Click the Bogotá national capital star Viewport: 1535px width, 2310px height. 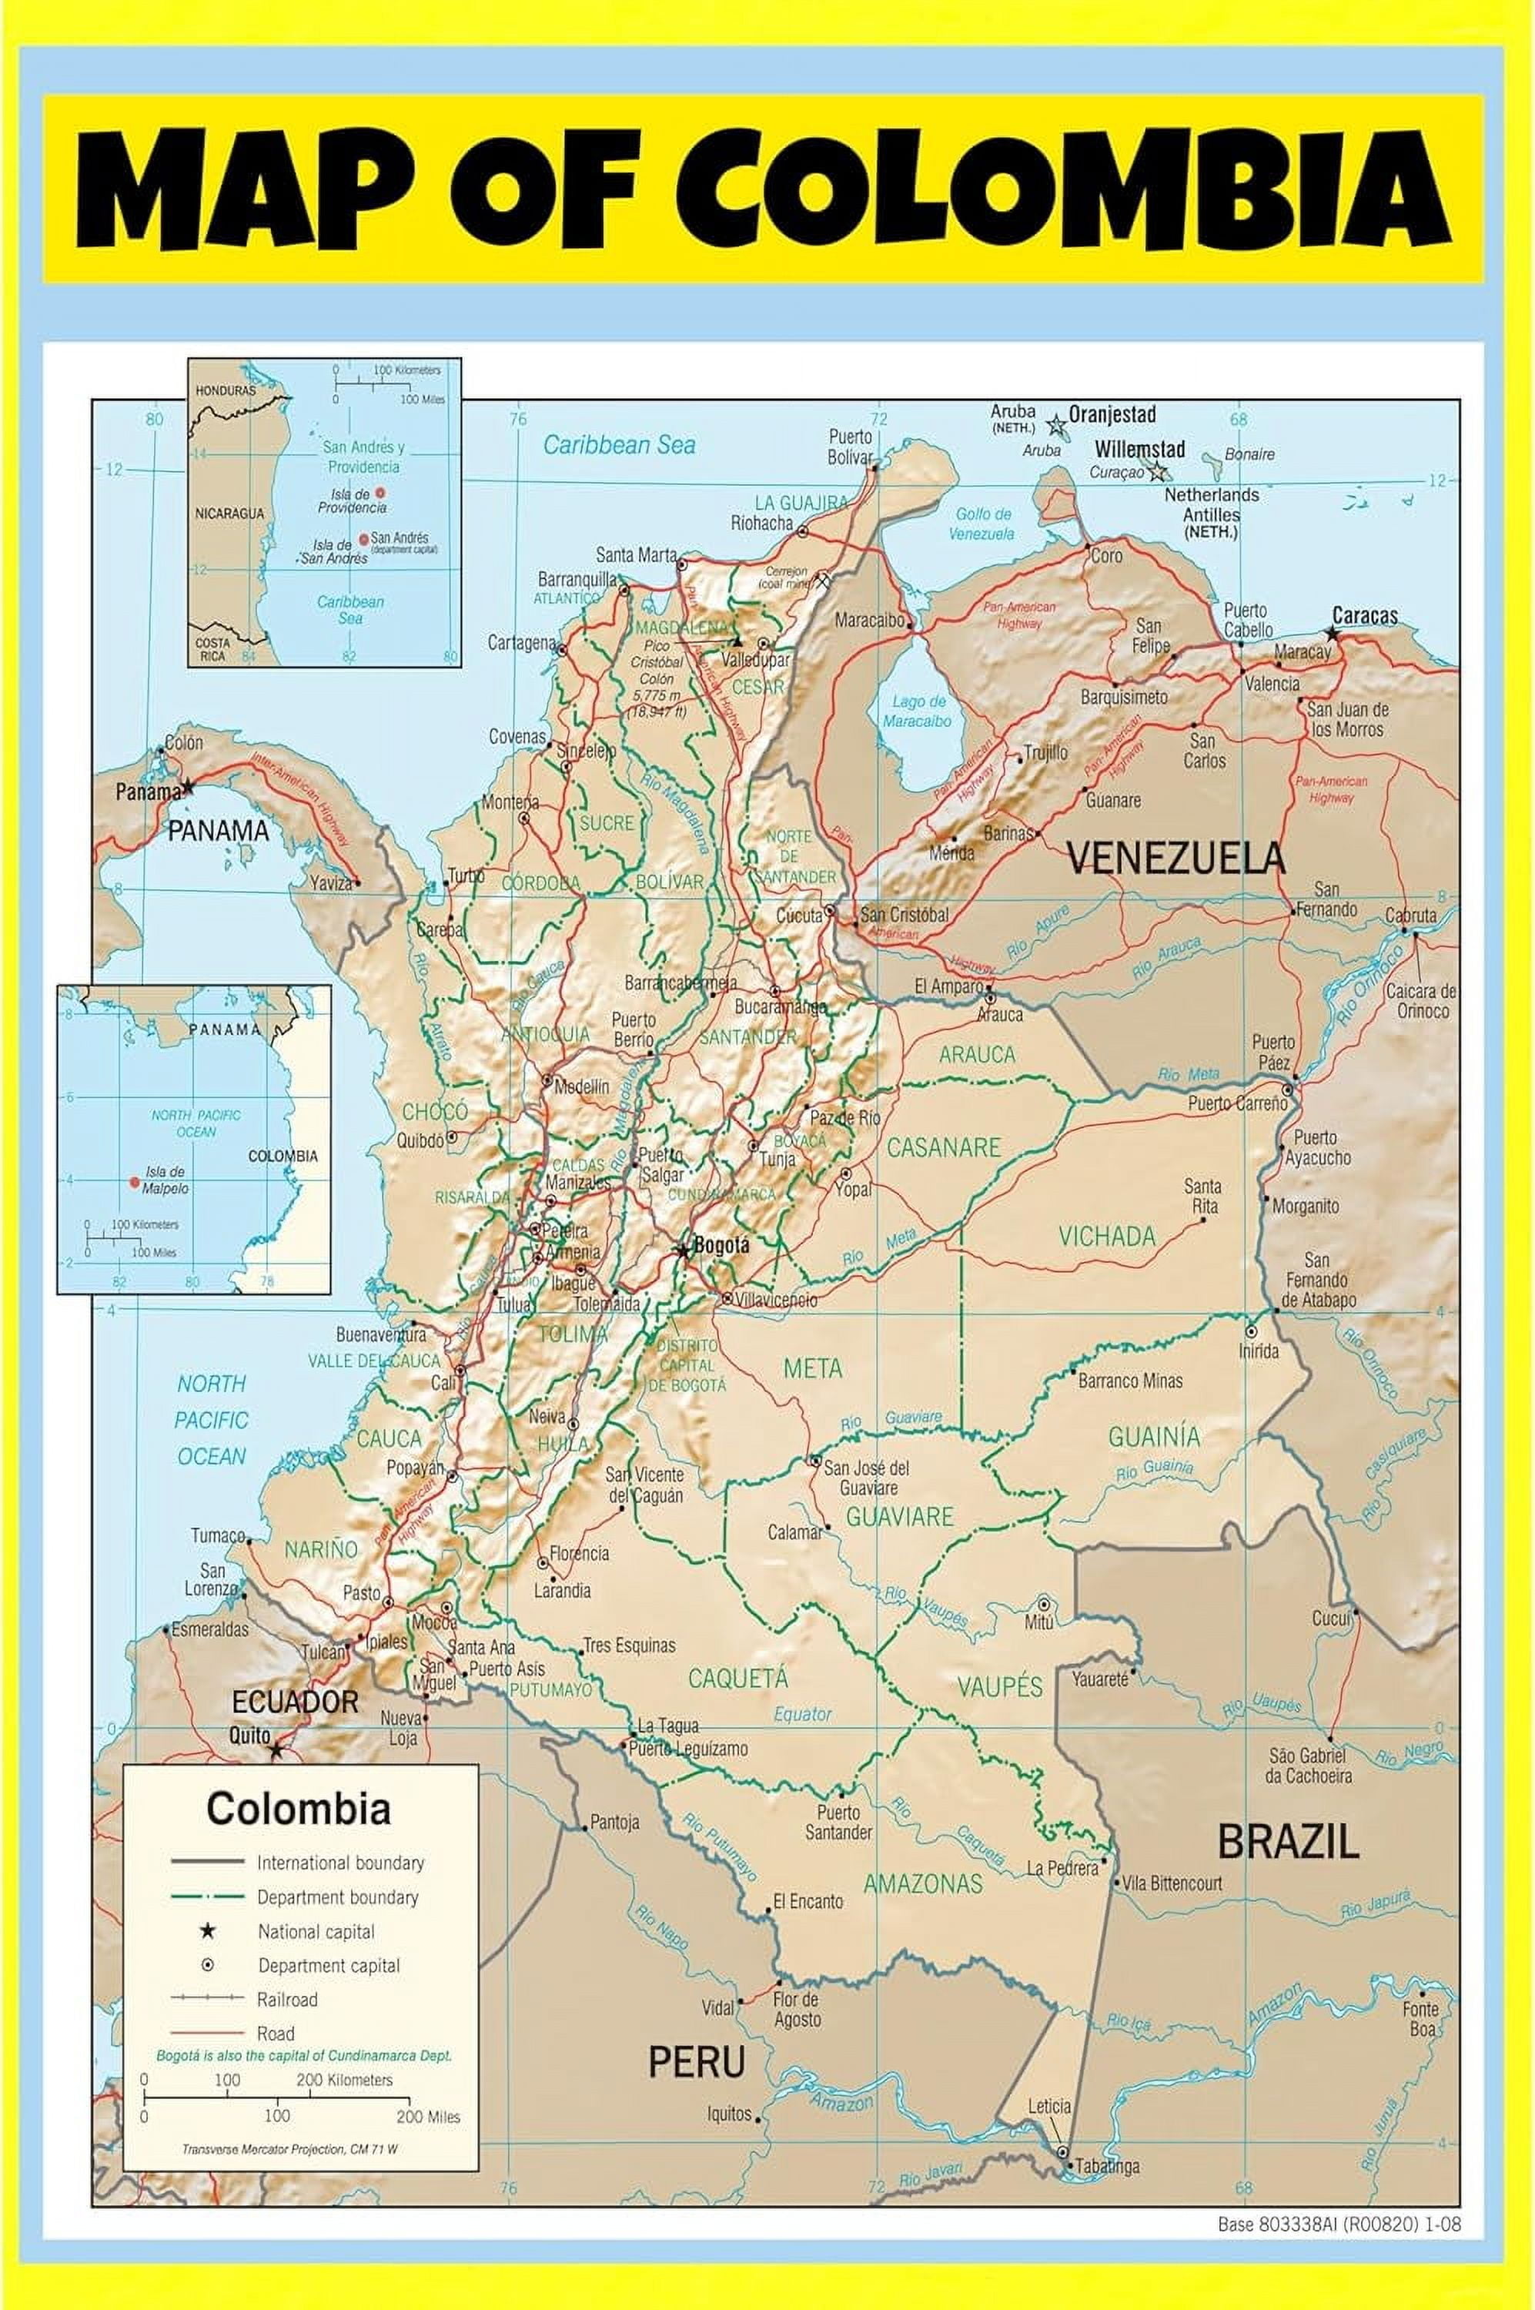682,1251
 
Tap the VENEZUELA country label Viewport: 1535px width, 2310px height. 1175,859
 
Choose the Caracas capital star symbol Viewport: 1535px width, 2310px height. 1331,634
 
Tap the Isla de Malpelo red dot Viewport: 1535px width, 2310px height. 134,1182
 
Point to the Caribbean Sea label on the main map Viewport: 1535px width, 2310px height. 619,446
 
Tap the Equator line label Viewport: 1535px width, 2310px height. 803,1715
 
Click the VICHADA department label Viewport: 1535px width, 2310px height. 1106,1237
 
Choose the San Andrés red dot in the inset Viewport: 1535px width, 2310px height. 364,538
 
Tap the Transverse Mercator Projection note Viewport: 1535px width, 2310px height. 289,2149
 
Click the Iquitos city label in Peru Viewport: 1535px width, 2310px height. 729,2114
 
